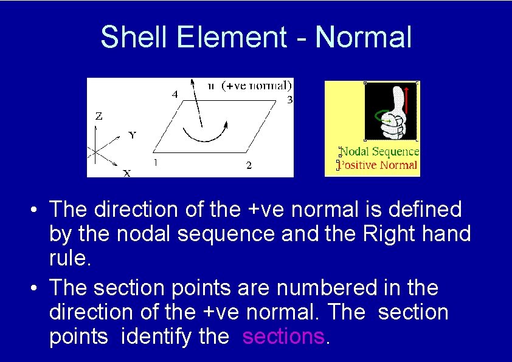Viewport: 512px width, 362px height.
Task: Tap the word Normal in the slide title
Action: coord(364,37)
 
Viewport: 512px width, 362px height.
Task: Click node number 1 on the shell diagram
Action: coord(156,162)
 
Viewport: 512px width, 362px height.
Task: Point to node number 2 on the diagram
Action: coord(249,165)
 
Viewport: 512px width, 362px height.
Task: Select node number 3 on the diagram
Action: coord(289,100)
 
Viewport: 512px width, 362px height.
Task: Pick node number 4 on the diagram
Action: coord(174,95)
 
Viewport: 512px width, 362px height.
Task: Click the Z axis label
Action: coord(99,115)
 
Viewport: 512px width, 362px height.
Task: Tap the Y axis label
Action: coord(132,135)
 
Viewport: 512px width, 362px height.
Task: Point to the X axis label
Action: coord(126,173)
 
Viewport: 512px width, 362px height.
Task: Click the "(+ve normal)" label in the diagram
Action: coord(257,85)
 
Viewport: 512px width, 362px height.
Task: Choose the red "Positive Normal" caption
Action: coord(378,165)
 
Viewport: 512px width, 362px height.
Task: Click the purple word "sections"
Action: coord(283,336)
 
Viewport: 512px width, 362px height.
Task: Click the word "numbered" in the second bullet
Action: coord(302,287)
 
